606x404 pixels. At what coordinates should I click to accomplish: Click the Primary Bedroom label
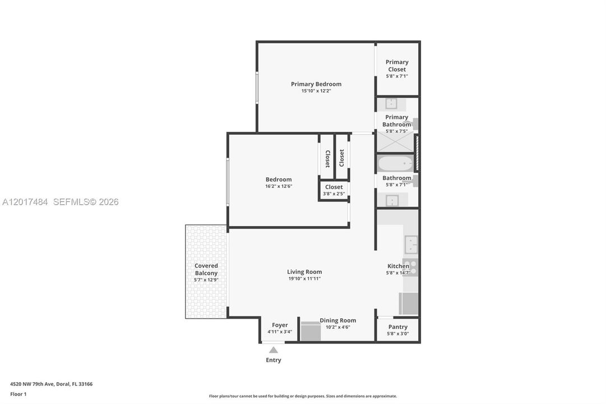pyautogui.click(x=316, y=84)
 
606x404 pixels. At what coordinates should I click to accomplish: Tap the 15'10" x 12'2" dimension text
pyautogui.click(x=316, y=91)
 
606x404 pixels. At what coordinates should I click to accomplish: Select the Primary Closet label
pyautogui.click(x=397, y=66)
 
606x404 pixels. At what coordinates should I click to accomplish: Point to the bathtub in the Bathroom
pyautogui.click(x=395, y=164)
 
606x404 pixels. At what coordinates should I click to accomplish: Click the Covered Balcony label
pyautogui.click(x=206, y=269)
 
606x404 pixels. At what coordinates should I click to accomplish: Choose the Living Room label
pyautogui.click(x=304, y=272)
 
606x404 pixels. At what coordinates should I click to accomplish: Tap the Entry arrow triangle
pyautogui.click(x=274, y=350)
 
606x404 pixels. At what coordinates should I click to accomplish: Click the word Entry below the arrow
pyautogui.click(x=274, y=360)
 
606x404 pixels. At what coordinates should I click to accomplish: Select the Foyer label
pyautogui.click(x=280, y=325)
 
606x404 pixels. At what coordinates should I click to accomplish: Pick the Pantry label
pyautogui.click(x=397, y=327)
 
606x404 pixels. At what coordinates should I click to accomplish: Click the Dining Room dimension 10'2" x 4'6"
pyautogui.click(x=338, y=327)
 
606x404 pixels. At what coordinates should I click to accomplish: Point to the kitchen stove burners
pyautogui.click(x=410, y=268)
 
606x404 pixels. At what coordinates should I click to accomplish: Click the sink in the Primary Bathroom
pyautogui.click(x=391, y=104)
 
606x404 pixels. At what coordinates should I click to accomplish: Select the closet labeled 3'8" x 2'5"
pyautogui.click(x=334, y=190)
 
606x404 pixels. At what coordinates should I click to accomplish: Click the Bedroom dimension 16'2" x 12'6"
pyautogui.click(x=279, y=186)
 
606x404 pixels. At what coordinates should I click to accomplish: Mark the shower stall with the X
pyautogui.click(x=395, y=141)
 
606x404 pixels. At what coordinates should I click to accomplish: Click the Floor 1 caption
pyautogui.click(x=18, y=394)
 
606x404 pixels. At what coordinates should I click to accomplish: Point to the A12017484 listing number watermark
pyautogui.click(x=25, y=202)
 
